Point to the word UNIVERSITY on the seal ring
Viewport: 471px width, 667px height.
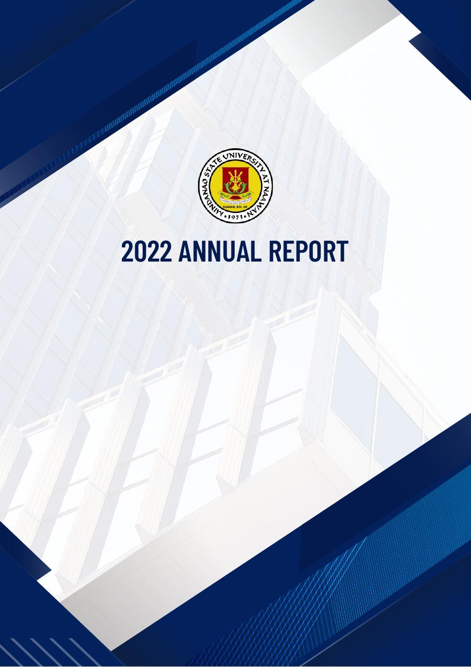(243, 157)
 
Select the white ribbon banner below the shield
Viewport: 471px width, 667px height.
(235, 202)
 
